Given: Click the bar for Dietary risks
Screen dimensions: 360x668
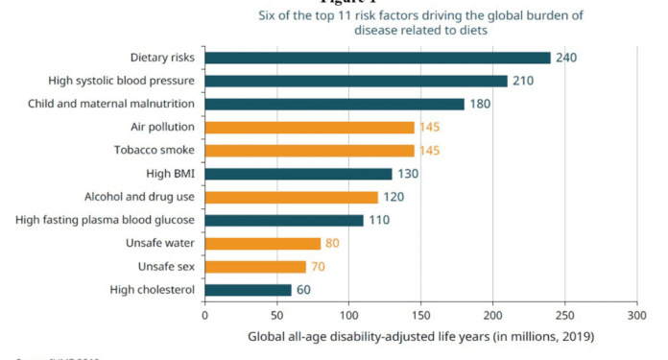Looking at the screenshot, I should (x=377, y=58).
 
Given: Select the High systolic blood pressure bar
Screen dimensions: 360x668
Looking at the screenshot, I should (x=355, y=81).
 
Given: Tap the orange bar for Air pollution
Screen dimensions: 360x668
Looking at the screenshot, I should (x=309, y=127).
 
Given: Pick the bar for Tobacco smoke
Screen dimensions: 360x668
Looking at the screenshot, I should (x=309, y=151).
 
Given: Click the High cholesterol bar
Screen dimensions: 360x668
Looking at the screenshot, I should (x=248, y=290).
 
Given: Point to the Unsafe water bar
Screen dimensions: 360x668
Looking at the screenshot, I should (x=262, y=244).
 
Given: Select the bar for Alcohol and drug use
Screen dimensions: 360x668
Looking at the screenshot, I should (x=291, y=197).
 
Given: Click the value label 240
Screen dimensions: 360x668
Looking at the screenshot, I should (x=566, y=58).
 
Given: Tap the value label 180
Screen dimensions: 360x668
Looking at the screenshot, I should (x=480, y=104).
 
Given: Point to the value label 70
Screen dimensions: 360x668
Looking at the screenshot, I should (x=320, y=267).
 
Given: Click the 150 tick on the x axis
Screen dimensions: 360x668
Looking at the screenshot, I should (x=420, y=314).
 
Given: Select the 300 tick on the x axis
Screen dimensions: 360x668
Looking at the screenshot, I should (x=636, y=314).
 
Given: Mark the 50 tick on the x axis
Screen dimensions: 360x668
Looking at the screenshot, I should (x=276, y=314).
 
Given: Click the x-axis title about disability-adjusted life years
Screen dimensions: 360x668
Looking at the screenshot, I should (x=420, y=336).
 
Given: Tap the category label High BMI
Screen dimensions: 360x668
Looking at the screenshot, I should (x=169, y=174).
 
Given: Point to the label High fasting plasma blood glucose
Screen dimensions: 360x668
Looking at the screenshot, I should (x=106, y=220).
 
